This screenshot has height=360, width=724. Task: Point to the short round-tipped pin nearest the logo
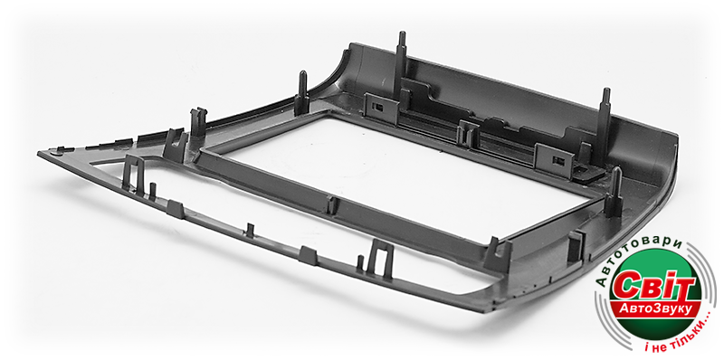[614, 192]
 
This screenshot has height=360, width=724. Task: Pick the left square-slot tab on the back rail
[381, 108]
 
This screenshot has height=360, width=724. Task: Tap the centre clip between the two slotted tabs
[468, 133]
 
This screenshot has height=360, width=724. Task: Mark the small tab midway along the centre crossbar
[331, 205]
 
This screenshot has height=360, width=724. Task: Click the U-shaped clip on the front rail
[381, 259]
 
